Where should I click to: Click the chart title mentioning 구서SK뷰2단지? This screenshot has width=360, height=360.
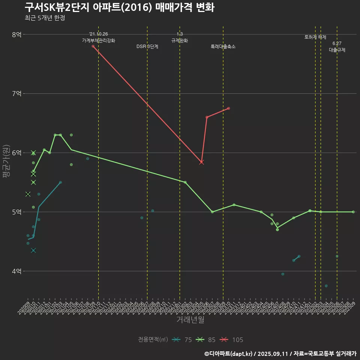(x=119, y=7)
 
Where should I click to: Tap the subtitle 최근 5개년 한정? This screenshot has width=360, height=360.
(x=45, y=18)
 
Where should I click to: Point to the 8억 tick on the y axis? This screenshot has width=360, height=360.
(x=17, y=34)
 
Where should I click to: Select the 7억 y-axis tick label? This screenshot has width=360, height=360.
(x=17, y=93)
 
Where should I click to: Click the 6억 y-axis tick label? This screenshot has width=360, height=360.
(x=17, y=153)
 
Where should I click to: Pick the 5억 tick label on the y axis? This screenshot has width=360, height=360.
(x=17, y=212)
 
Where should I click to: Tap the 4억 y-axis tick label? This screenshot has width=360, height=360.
(x=17, y=271)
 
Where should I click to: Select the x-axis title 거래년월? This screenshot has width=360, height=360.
(x=190, y=320)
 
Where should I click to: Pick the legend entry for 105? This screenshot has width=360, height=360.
(x=231, y=340)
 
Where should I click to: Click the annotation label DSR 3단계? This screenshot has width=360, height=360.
(x=147, y=47)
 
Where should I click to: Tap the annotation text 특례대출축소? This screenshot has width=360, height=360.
(x=223, y=47)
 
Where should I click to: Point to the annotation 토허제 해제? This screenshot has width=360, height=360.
(x=315, y=37)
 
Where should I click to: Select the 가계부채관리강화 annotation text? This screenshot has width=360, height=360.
(x=99, y=40)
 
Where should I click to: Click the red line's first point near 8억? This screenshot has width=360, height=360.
(x=93, y=46)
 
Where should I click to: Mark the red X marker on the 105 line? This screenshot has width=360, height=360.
(x=201, y=162)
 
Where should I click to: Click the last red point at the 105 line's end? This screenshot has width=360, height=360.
(x=229, y=108)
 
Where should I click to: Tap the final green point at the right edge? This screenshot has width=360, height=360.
(x=353, y=212)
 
